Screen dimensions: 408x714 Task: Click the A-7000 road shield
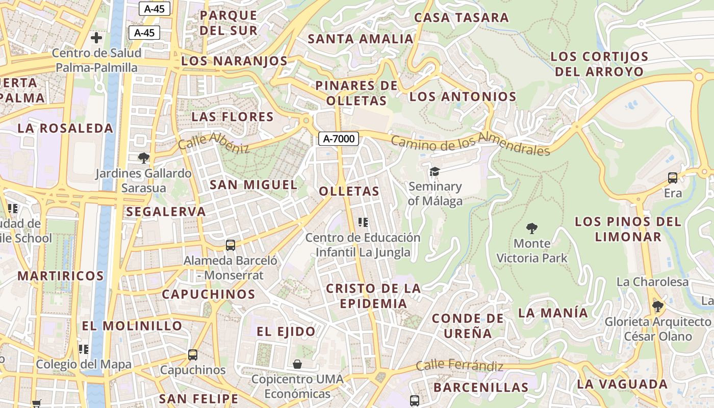[x=339, y=138]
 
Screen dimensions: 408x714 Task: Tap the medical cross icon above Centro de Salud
[x=96, y=38]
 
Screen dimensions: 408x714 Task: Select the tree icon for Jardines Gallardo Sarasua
[x=144, y=158]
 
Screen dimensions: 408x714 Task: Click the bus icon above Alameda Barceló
[x=231, y=245]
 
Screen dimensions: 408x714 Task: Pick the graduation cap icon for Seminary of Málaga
[x=435, y=171]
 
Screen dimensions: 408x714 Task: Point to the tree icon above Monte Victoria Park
[x=532, y=228]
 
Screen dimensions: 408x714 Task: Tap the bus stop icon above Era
[x=673, y=178]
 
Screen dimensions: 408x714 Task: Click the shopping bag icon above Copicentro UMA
[x=297, y=364]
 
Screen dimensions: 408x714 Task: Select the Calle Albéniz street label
[x=214, y=142]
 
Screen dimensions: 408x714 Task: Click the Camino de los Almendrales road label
[x=470, y=142]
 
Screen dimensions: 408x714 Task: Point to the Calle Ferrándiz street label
[x=460, y=365]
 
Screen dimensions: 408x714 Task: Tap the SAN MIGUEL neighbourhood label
[x=253, y=185]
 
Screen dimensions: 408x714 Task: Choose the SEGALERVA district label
[x=166, y=212]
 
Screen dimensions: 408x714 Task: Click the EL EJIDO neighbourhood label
[x=286, y=331]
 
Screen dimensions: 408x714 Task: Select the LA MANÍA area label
[x=553, y=313]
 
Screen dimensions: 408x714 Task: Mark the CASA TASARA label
[x=462, y=17]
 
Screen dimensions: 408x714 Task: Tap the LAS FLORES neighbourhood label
[x=233, y=117]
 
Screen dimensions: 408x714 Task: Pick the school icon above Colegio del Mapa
[x=84, y=349]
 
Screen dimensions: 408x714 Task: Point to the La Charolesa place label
[x=652, y=282]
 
